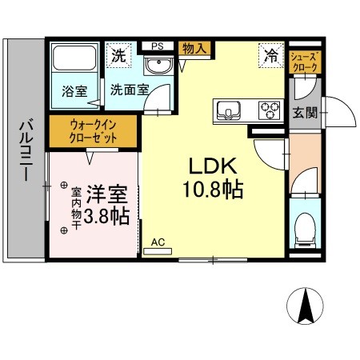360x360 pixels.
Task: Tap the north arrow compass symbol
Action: pyautogui.click(x=305, y=308)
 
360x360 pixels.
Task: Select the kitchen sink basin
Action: pyautogui.click(x=227, y=109)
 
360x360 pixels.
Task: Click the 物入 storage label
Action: pyautogui.click(x=194, y=49)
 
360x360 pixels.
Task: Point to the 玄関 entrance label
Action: pyautogui.click(x=304, y=112)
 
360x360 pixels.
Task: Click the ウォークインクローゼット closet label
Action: pyautogui.click(x=94, y=131)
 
